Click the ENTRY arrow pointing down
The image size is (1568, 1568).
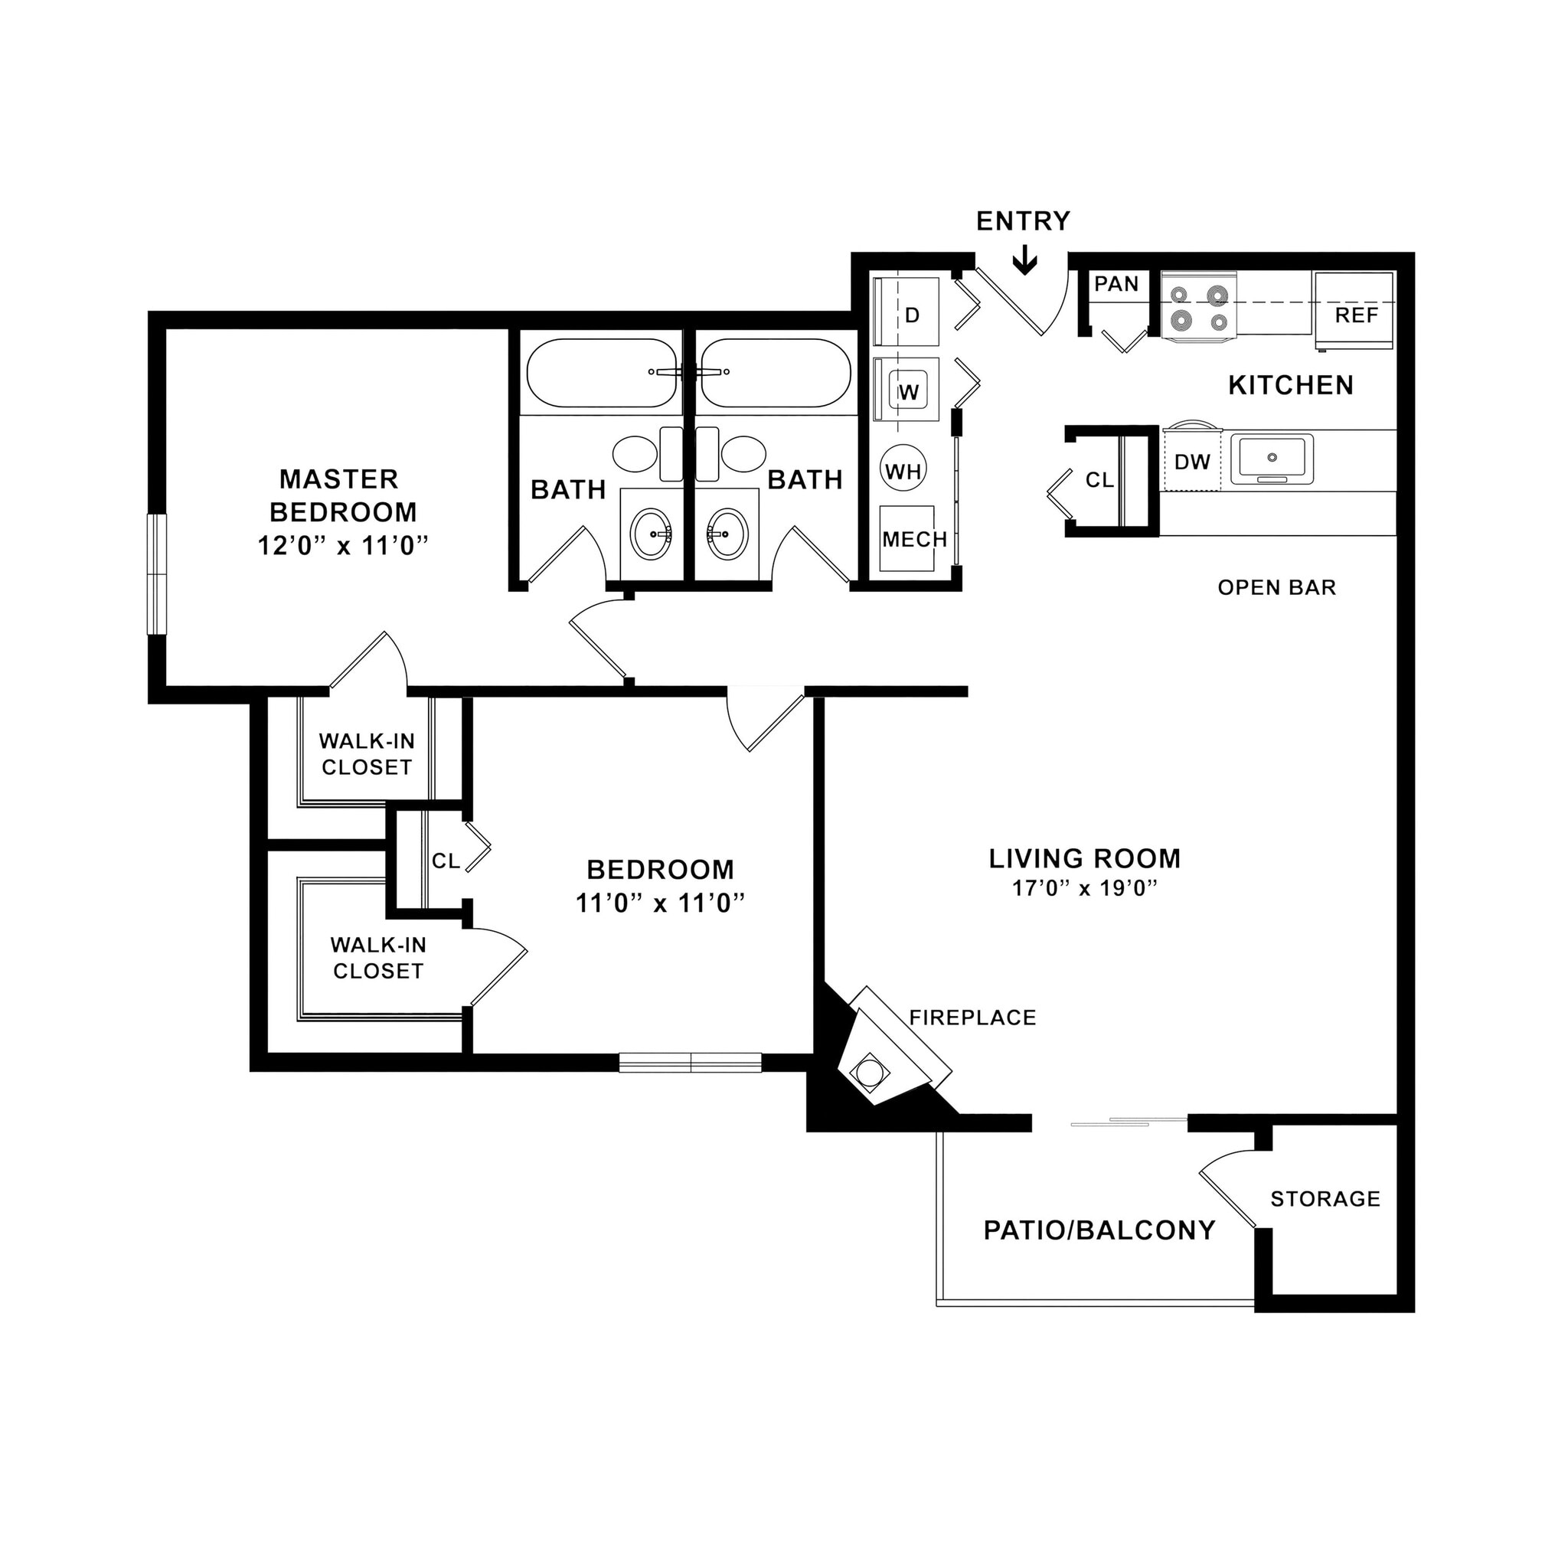[1025, 261]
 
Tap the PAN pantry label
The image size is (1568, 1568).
[1116, 284]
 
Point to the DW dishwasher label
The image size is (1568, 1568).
[1191, 462]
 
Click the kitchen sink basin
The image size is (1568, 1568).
[1271, 459]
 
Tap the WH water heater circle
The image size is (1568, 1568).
[903, 471]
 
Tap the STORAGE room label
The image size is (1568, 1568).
[1325, 1199]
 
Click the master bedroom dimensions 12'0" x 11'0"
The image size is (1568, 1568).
[342, 545]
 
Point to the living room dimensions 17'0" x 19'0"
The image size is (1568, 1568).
[1083, 889]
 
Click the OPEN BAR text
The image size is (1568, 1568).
[1276, 587]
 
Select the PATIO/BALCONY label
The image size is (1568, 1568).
[1099, 1230]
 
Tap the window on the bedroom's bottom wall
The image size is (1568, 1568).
[690, 1063]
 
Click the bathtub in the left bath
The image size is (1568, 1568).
[601, 374]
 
